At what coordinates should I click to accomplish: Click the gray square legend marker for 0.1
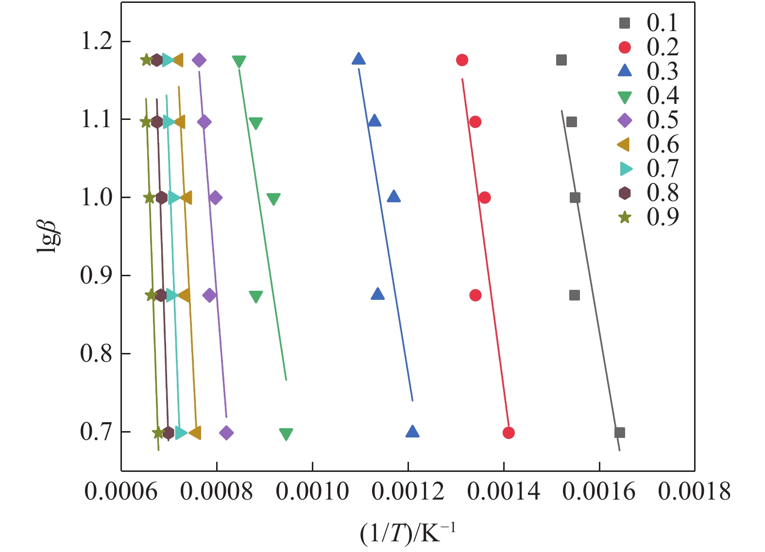[x=625, y=23]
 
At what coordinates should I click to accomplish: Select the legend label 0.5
[x=663, y=120]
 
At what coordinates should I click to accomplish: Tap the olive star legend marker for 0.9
[x=625, y=217]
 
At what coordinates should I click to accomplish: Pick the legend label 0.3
[x=663, y=71]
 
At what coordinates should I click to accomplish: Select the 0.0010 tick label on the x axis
[x=312, y=491]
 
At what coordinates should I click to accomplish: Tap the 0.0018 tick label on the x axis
[x=694, y=491]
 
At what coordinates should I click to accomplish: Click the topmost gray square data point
[x=561, y=60]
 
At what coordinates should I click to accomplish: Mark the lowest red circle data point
[x=509, y=433]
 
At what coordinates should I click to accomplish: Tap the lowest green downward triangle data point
[x=286, y=434]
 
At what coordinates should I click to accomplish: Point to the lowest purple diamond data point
[x=226, y=433]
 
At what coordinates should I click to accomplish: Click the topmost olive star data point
[x=146, y=60]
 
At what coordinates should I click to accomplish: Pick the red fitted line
[x=486, y=252]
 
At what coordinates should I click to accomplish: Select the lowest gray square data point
[x=619, y=433]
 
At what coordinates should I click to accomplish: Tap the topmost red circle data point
[x=462, y=60]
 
